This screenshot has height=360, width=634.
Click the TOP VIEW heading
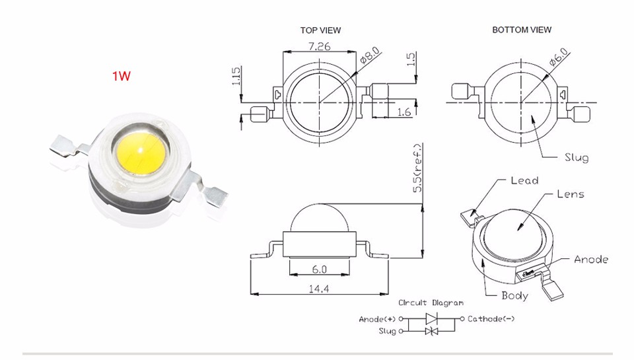(320, 30)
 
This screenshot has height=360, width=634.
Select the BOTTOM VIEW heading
(522, 30)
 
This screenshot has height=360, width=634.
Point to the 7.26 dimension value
(320, 46)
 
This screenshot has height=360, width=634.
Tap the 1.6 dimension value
(404, 112)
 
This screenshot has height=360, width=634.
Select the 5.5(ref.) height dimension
(417, 168)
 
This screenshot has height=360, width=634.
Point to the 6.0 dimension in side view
(320, 269)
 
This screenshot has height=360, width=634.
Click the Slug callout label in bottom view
(576, 158)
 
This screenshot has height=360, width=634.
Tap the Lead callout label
(525, 180)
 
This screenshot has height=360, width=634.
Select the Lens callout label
(571, 194)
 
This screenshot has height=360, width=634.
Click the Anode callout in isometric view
(591, 260)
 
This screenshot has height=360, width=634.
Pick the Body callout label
(514, 295)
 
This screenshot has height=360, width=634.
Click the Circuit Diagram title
(431, 303)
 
